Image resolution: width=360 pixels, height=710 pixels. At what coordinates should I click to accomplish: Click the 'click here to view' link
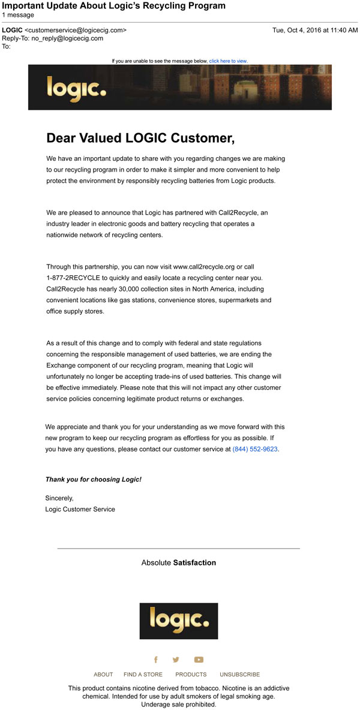pyautogui.click(x=228, y=61)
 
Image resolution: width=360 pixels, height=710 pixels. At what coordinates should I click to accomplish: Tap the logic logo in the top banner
pyautogui.click(x=76, y=88)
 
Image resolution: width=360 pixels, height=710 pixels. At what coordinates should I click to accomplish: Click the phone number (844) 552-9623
pyautogui.click(x=255, y=449)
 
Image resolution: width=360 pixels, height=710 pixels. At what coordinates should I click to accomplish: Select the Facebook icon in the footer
pyautogui.click(x=156, y=660)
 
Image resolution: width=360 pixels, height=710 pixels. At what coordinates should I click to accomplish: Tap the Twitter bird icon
pyautogui.click(x=176, y=660)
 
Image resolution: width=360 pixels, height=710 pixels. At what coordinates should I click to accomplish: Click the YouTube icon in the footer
pyautogui.click(x=199, y=660)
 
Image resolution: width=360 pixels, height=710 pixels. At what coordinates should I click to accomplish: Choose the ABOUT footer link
pyautogui.click(x=103, y=675)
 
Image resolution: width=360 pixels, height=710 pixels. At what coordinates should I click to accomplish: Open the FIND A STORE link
pyautogui.click(x=143, y=675)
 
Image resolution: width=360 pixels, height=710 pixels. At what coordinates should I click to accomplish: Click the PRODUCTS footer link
pyautogui.click(x=191, y=675)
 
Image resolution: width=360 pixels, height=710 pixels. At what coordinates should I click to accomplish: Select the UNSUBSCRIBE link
pyautogui.click(x=239, y=675)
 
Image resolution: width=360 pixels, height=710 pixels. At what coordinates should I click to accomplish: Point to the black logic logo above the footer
pyautogui.click(x=179, y=621)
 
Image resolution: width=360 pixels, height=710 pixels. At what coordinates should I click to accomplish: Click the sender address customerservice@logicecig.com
pyautogui.click(x=76, y=30)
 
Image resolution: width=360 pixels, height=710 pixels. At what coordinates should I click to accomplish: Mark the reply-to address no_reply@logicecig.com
pyautogui.click(x=67, y=38)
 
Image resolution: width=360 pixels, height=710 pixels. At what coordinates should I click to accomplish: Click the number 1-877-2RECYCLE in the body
pyautogui.click(x=75, y=278)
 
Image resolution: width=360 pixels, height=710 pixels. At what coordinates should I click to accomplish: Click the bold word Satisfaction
pyautogui.click(x=194, y=562)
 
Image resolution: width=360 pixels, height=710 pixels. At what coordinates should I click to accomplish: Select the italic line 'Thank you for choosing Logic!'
pyautogui.click(x=94, y=480)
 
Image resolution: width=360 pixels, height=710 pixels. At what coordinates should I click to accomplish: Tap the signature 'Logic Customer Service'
pyautogui.click(x=80, y=509)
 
